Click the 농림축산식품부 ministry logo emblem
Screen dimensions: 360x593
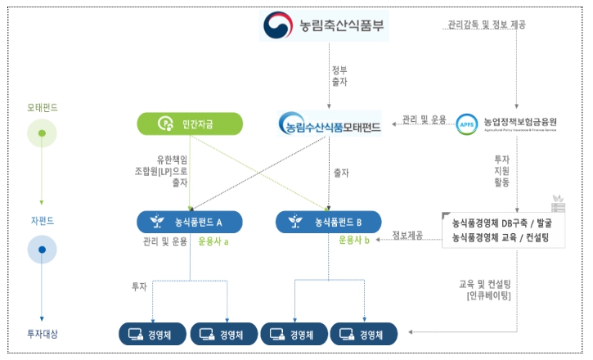[x=278, y=25]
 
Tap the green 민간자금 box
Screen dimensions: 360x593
[x=188, y=124]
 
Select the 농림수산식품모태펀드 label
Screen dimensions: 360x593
[x=329, y=125]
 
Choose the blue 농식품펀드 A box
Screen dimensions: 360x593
[x=190, y=221]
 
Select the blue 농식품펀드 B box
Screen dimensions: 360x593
[x=327, y=221]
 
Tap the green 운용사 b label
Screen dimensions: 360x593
[x=354, y=241]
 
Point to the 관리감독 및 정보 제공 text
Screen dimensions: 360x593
[x=486, y=25]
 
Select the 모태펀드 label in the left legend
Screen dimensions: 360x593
[x=42, y=107]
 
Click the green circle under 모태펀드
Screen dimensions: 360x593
[x=42, y=132]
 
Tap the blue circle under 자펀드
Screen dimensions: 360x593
[x=42, y=248]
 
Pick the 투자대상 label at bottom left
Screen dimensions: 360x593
[x=42, y=333]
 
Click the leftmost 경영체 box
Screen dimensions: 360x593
[x=153, y=334]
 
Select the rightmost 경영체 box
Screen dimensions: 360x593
[x=362, y=334]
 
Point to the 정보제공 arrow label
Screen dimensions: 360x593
[x=407, y=236]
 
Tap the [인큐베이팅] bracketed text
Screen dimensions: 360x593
[x=489, y=296]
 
